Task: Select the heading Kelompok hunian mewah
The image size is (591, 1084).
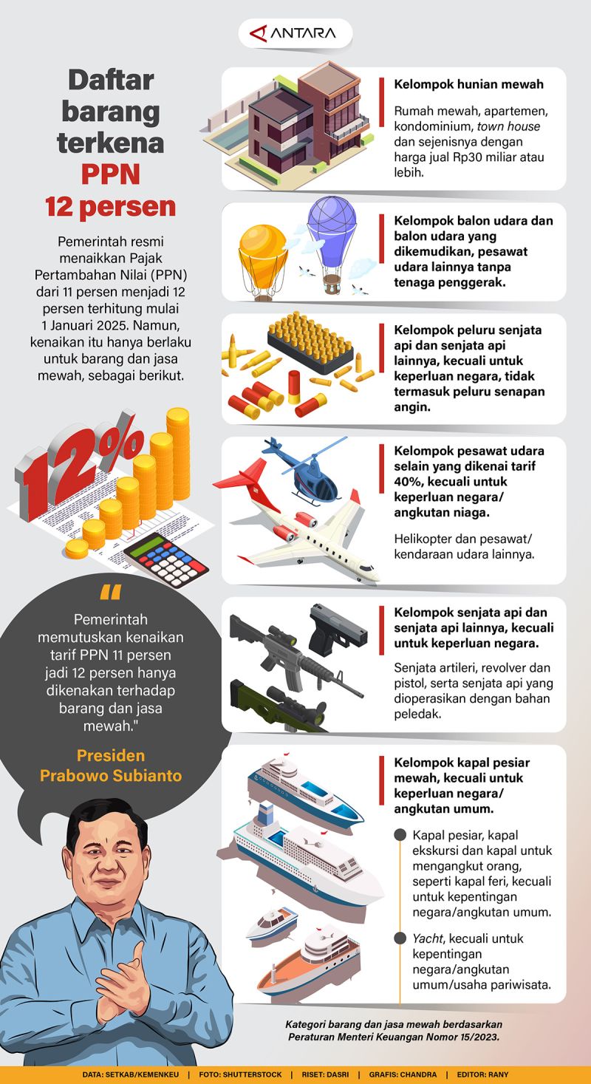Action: click(x=468, y=84)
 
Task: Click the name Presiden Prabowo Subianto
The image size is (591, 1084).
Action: click(x=111, y=766)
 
